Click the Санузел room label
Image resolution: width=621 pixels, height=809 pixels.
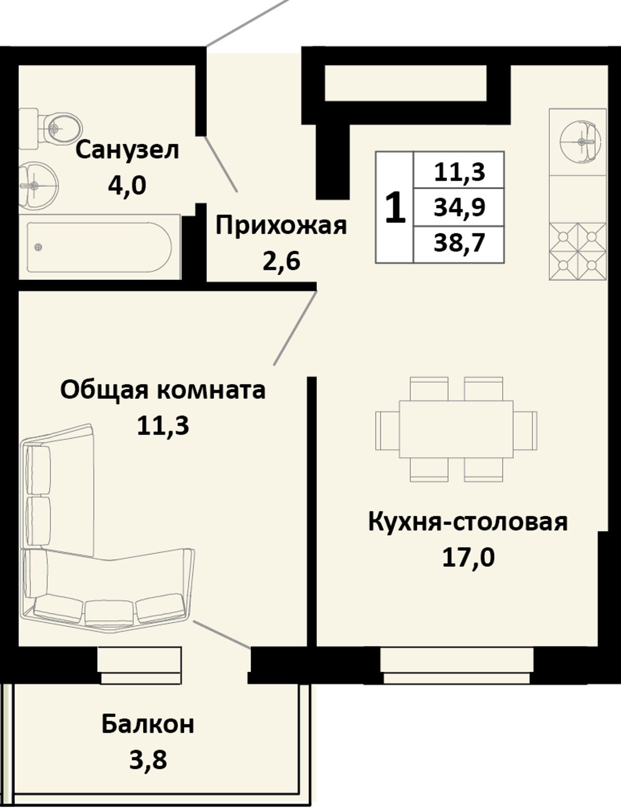[128, 150]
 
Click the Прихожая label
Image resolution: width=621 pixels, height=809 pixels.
[281, 226]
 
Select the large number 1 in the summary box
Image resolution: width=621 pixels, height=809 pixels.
[395, 207]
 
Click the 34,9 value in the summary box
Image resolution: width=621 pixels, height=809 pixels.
[460, 208]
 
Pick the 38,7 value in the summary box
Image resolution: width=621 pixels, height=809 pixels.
[460, 243]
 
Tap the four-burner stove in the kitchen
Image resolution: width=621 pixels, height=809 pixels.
[578, 252]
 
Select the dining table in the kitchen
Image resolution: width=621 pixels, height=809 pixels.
[456, 429]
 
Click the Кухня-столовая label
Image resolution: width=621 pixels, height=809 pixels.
[468, 522]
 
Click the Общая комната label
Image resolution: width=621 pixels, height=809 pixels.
[163, 390]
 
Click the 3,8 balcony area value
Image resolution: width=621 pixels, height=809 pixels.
[148, 760]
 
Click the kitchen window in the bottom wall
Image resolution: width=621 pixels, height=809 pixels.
[457, 665]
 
